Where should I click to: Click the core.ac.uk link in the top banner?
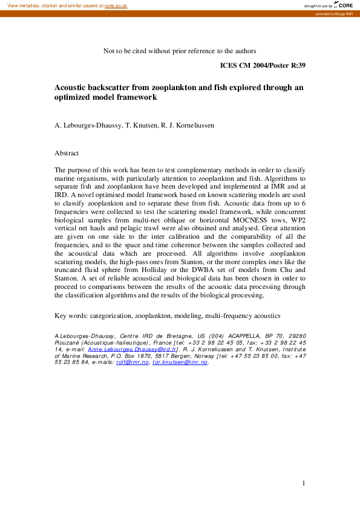point(116,5)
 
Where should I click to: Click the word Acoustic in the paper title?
point(72,88)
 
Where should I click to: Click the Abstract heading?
point(67,154)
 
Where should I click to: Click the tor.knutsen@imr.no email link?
point(180,362)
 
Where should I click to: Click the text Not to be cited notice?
point(180,51)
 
